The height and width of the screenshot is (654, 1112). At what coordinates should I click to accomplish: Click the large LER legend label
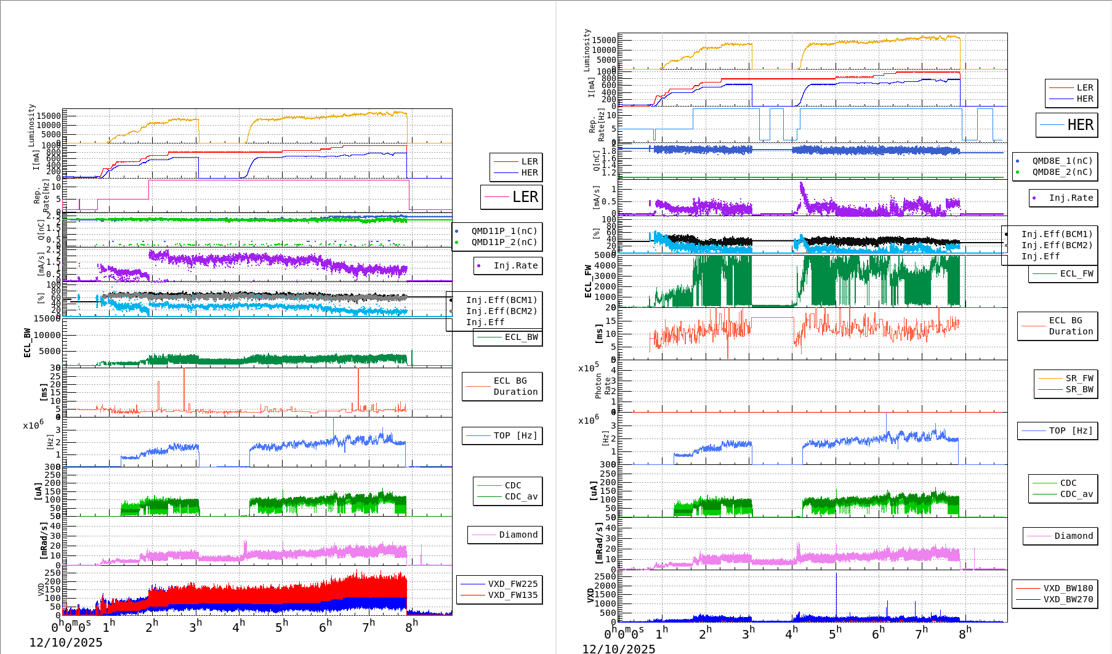(x=525, y=197)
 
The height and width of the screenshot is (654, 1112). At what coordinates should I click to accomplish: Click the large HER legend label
(x=1080, y=125)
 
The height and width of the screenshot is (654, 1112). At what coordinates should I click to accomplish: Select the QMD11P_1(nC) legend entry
(x=504, y=231)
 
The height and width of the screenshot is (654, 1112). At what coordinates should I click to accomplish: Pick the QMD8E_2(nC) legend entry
(x=1062, y=172)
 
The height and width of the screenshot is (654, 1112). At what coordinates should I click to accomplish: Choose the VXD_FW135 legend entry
(x=512, y=595)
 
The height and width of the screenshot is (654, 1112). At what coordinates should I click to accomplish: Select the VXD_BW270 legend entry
(x=1068, y=599)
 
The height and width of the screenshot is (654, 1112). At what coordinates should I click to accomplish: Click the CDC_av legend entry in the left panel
(x=521, y=496)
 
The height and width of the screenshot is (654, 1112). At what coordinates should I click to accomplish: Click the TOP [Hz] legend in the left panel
(x=515, y=435)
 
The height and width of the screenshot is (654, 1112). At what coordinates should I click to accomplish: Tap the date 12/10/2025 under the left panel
(x=66, y=642)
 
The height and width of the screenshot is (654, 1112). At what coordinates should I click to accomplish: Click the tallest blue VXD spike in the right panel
(x=836, y=576)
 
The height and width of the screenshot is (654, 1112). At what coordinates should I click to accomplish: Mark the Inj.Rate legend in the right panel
(x=1071, y=198)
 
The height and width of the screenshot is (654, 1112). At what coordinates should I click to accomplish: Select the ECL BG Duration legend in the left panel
(x=515, y=386)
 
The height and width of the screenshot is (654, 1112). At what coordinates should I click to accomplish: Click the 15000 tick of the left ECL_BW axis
(x=47, y=318)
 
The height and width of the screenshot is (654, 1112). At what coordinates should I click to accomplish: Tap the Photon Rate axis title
(x=603, y=386)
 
